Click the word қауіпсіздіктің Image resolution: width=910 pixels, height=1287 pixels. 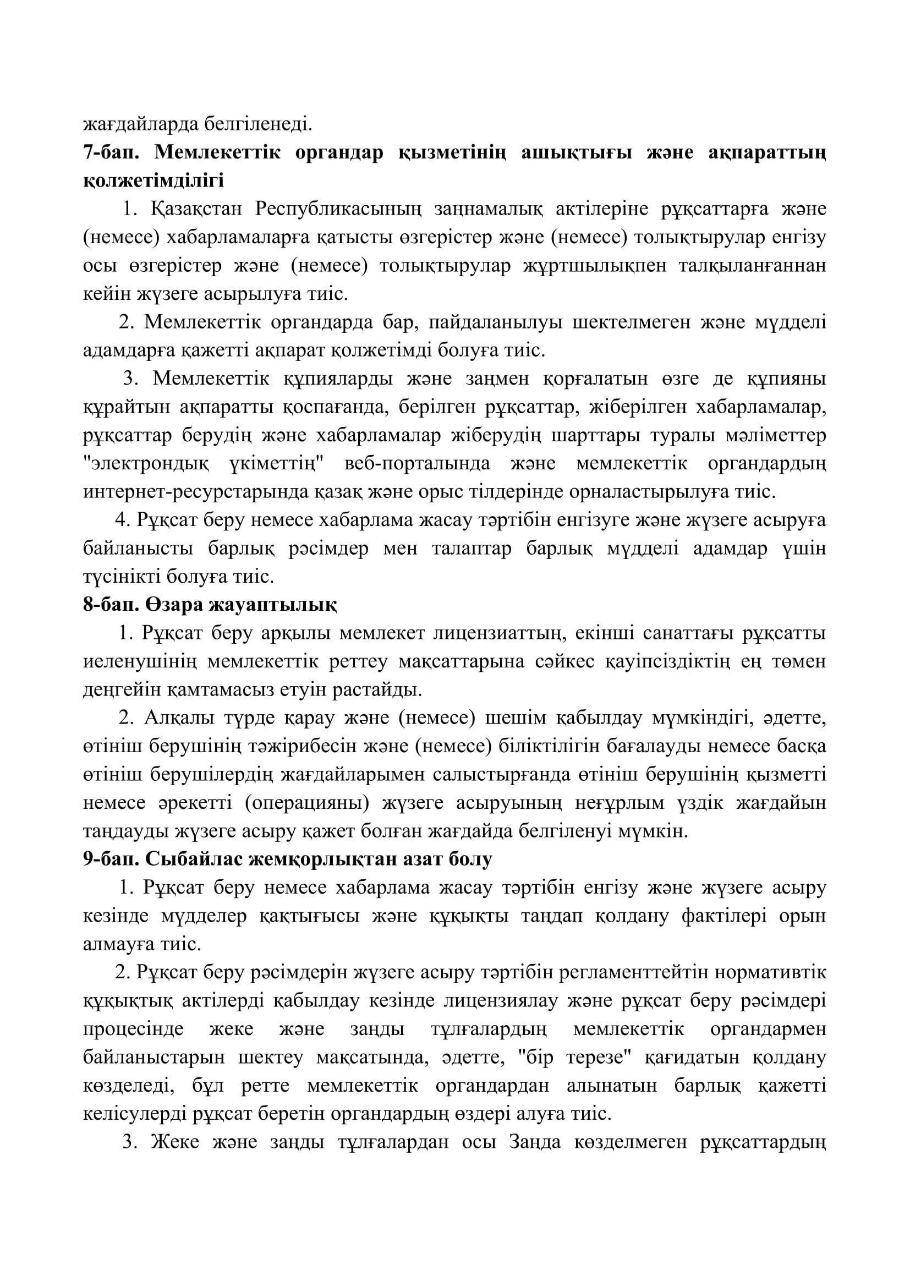coord(667,662)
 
